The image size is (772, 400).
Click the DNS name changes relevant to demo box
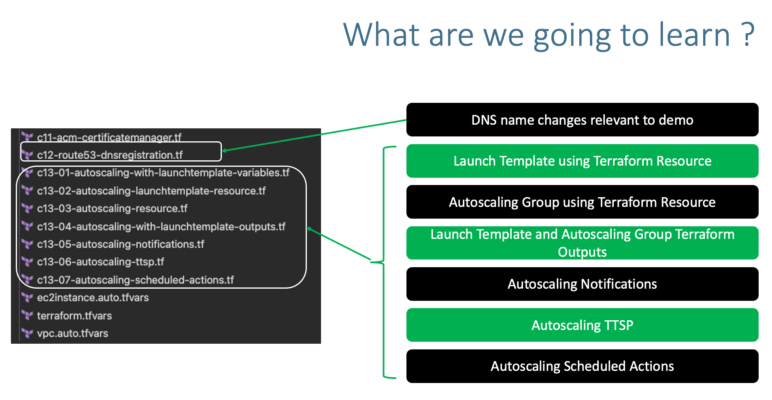pos(582,120)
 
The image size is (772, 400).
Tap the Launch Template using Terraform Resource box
pos(582,161)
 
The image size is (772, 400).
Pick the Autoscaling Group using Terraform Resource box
pos(582,202)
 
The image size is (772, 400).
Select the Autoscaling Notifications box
pos(582,284)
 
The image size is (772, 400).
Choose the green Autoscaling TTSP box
pos(582,325)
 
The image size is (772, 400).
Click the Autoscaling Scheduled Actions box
pos(582,366)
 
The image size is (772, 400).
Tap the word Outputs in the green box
pos(582,252)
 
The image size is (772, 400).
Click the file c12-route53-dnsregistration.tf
pos(110,155)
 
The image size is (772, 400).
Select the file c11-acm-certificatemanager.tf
pos(109,138)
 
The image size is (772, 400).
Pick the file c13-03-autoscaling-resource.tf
pos(112,209)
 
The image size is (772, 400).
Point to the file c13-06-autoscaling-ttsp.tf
pos(100,262)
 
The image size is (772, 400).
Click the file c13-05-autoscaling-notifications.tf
pos(120,244)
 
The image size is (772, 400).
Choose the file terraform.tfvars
pos(74,316)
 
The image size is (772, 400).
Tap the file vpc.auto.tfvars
pos(72,334)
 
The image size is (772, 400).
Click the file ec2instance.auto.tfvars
pos(93,298)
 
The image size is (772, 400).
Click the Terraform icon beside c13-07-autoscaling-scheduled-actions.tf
pos(27,279)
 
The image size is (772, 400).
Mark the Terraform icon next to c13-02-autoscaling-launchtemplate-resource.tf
pos(27,190)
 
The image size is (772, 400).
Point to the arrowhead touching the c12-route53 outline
pos(225,151)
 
